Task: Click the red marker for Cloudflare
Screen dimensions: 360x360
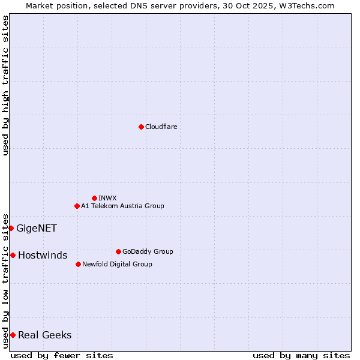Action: tap(141, 127)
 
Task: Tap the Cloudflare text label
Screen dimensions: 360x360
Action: tap(161, 127)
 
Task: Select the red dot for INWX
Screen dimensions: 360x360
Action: tap(94, 198)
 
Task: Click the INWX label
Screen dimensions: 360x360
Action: tap(107, 198)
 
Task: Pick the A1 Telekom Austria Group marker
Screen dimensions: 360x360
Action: tap(77, 206)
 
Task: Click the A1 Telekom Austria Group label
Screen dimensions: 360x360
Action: tap(122, 206)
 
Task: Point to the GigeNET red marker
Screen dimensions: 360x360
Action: tap(11, 228)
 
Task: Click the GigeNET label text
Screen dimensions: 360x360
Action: tap(37, 228)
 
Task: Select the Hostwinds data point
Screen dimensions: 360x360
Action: tap(13, 255)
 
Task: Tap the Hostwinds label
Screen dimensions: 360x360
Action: tap(43, 256)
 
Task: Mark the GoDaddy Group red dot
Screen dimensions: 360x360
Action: tap(118, 251)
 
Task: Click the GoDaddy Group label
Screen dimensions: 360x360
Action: tap(148, 251)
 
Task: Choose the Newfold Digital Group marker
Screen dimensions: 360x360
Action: tap(78, 264)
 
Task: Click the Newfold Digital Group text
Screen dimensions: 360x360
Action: tap(117, 264)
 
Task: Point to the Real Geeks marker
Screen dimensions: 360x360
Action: tap(13, 335)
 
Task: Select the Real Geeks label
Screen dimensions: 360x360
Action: tap(45, 335)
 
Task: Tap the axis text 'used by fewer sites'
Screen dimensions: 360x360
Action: tap(62, 355)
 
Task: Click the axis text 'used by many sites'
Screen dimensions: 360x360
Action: tap(301, 355)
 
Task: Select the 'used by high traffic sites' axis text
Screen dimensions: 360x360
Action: tap(5, 85)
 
